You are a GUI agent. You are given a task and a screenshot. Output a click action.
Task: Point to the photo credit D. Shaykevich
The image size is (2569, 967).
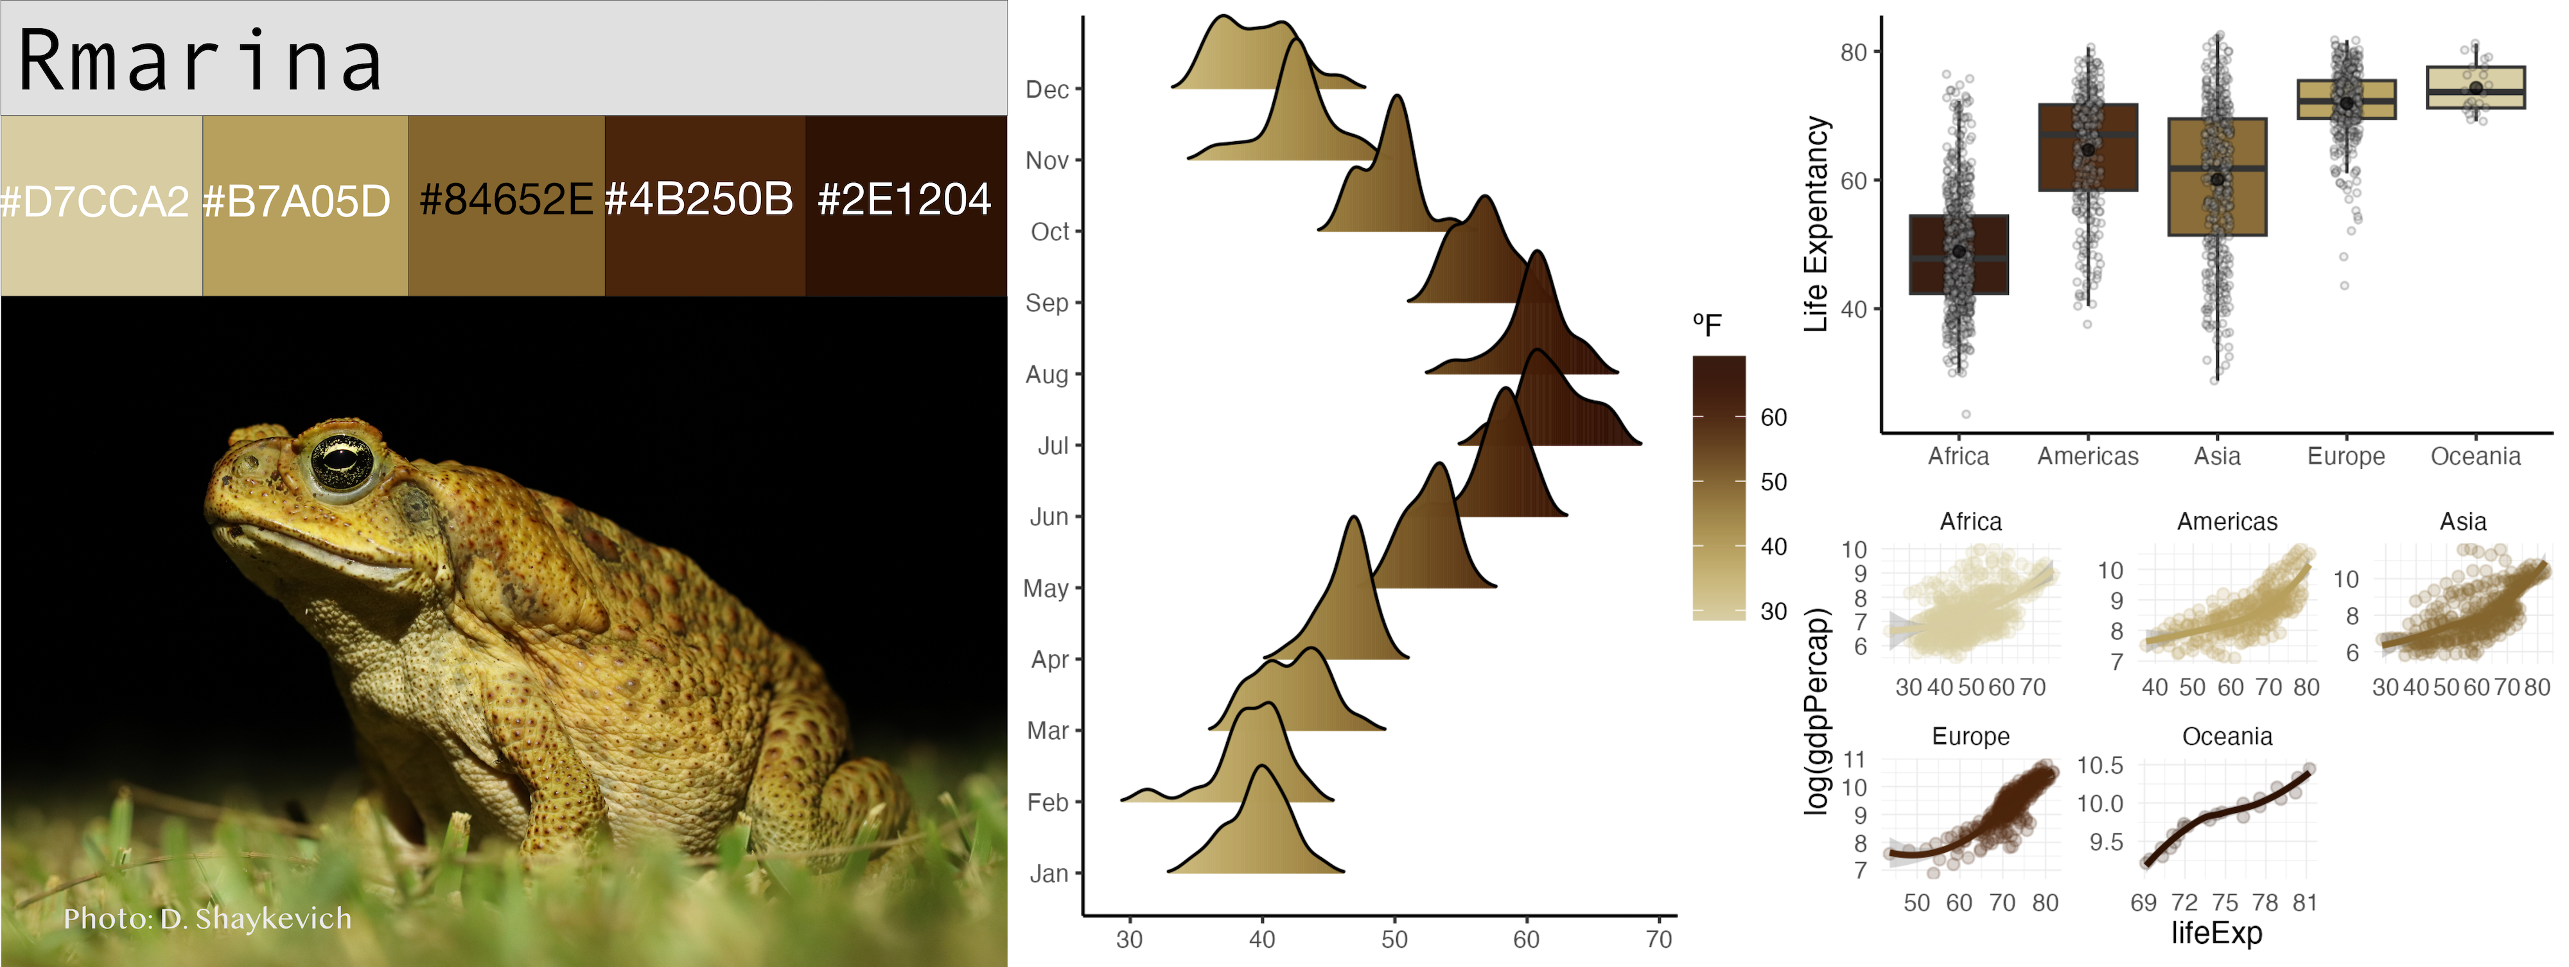pyautogui.click(x=207, y=918)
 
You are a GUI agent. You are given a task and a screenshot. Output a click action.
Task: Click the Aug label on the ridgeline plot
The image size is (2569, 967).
pyautogui.click(x=1046, y=375)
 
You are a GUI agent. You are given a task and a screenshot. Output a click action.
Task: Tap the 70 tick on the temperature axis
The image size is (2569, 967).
pyautogui.click(x=1658, y=939)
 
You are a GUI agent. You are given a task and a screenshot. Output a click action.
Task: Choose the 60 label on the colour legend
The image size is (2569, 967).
pyautogui.click(x=1773, y=418)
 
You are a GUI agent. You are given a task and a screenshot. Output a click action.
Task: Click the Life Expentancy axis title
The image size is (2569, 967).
pyautogui.click(x=1816, y=224)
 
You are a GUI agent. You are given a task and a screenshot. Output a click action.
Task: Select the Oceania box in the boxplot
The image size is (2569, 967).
pyautogui.click(x=2475, y=88)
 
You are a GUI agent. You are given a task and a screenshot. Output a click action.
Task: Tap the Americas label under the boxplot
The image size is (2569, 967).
pyautogui.click(x=2087, y=457)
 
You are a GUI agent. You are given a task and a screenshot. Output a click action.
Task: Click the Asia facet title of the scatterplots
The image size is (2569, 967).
pyautogui.click(x=2462, y=521)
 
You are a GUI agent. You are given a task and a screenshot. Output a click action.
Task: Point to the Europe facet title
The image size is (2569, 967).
pyautogui.click(x=1970, y=736)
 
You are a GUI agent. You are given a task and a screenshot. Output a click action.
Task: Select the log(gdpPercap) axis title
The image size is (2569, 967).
pyautogui.click(x=1818, y=710)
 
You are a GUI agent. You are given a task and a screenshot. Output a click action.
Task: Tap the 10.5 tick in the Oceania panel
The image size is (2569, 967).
pyautogui.click(x=2100, y=765)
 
